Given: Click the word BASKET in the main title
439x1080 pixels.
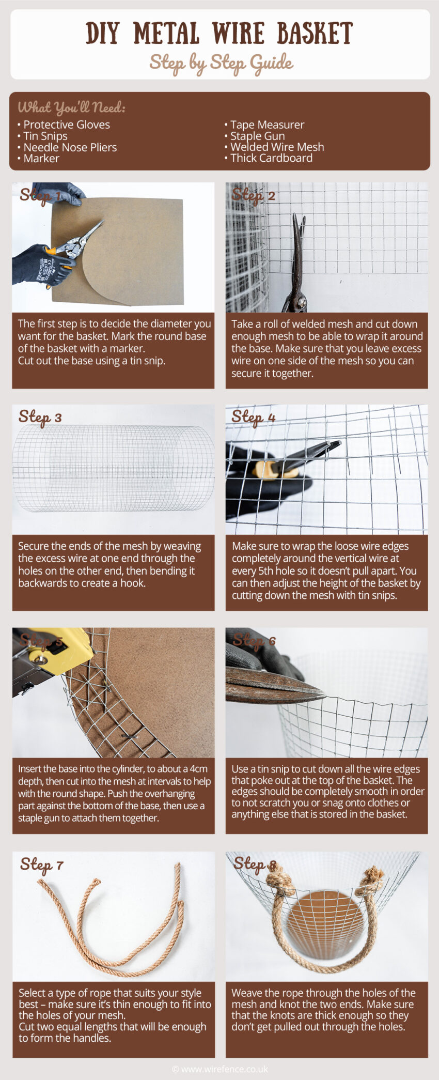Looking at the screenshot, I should pos(315,33).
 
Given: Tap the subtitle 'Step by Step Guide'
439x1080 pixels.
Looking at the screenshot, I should pos(221,63).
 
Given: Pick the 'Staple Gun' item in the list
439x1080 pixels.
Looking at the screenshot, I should pos(257,136).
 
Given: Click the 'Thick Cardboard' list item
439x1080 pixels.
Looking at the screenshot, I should pos(271,158).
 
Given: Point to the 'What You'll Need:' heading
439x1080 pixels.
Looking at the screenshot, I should pos(71,107).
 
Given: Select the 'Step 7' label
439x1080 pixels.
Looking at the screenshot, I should pos(41,865).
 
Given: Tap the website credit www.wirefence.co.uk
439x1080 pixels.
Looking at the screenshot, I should pos(220,1069).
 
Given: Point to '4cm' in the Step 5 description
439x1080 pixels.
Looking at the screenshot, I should pos(198,769).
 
